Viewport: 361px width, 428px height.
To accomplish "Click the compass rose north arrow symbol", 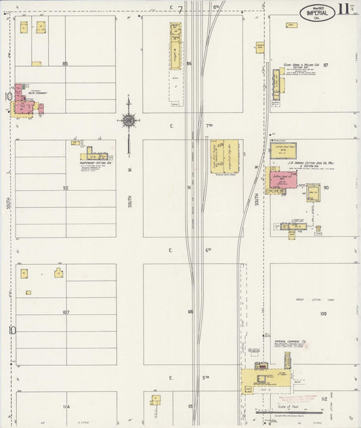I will click(128, 121).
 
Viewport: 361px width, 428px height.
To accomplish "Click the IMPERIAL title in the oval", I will click(317, 12).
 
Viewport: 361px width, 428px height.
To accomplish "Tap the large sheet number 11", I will click(344, 9).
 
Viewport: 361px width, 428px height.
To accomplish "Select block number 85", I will click(65, 64).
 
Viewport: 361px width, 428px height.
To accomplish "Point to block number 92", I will click(66, 188).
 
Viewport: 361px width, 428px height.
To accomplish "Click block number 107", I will click(66, 312).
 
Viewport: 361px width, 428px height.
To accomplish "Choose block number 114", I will click(66, 406).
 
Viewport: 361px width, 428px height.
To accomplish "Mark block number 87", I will click(326, 64).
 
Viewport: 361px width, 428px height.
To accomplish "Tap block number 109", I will click(324, 314).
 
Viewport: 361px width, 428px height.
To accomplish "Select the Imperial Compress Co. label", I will click(291, 341).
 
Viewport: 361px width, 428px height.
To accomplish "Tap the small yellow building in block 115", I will click(156, 400).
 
